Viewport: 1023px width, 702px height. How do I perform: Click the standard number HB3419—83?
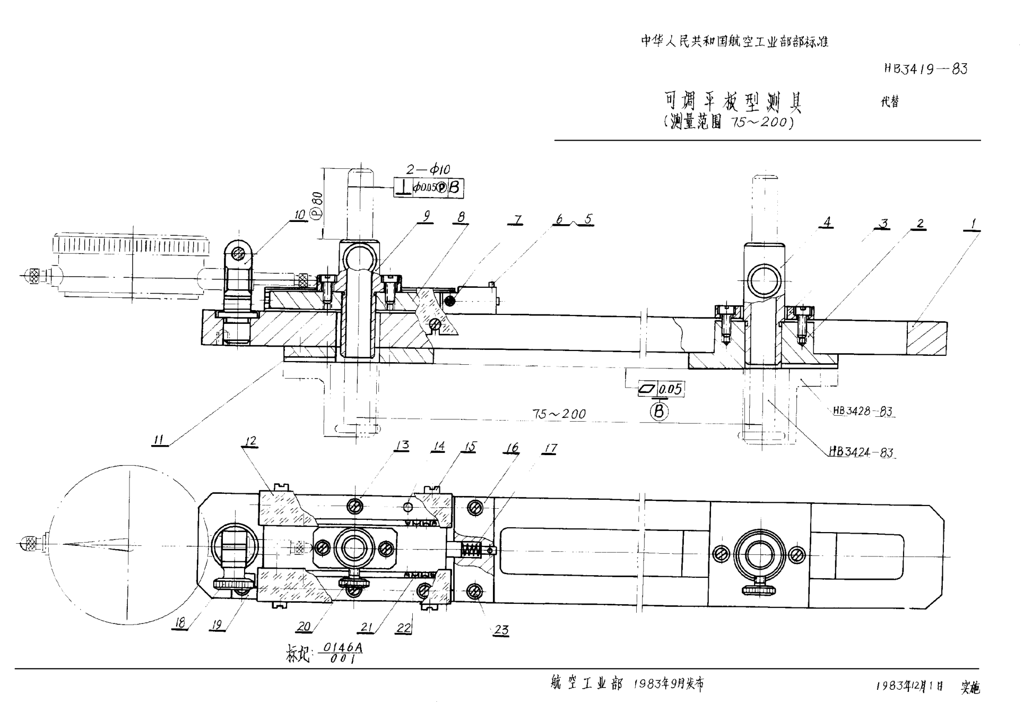coord(925,69)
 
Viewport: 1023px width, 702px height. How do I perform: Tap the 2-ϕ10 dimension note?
coord(428,169)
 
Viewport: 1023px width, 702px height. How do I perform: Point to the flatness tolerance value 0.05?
coord(671,389)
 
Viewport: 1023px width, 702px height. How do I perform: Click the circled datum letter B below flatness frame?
coord(659,411)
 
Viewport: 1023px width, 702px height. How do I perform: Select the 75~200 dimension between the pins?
coord(559,414)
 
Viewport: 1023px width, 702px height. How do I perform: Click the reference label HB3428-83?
coord(862,411)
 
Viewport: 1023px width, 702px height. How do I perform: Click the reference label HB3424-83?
coord(861,452)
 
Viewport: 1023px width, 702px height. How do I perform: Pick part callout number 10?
coord(300,215)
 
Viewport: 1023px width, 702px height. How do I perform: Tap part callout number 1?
coord(973,224)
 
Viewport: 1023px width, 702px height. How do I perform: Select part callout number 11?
coord(159,440)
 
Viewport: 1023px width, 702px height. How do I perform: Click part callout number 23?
coord(501,630)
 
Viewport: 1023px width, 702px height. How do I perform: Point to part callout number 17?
coord(550,449)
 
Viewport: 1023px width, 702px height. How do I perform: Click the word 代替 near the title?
coord(890,102)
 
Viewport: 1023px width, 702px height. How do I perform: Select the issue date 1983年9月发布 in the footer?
coord(669,684)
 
